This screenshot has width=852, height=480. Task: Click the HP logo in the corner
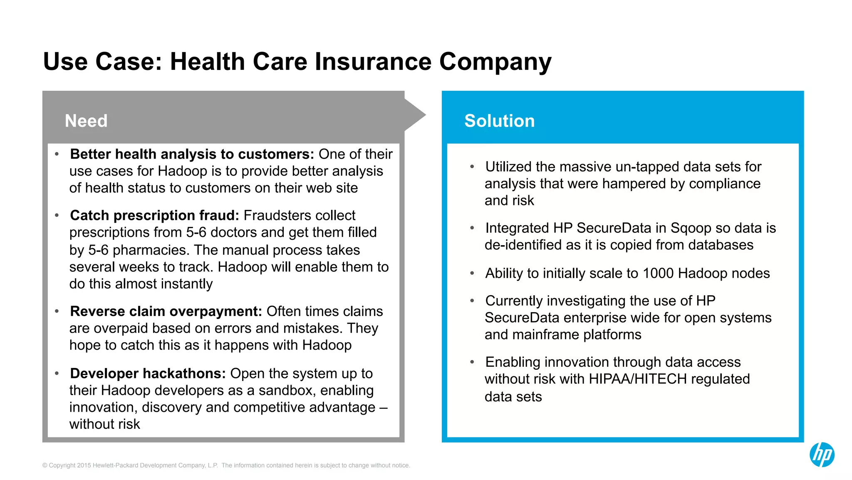pyautogui.click(x=822, y=455)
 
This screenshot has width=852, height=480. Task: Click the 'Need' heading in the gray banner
pyautogui.click(x=86, y=121)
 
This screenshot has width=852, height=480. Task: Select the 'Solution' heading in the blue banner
pyautogui.click(x=499, y=121)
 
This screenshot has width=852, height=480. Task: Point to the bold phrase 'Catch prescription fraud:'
pyautogui.click(x=154, y=216)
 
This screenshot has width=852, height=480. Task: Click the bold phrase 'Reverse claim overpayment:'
pyautogui.click(x=166, y=311)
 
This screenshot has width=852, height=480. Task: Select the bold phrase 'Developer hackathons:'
pyautogui.click(x=148, y=373)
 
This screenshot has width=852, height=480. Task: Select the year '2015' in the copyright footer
pyautogui.click(x=84, y=465)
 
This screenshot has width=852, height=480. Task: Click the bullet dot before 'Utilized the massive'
pyautogui.click(x=472, y=167)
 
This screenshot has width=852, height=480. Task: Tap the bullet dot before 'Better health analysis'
pyautogui.click(x=57, y=154)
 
